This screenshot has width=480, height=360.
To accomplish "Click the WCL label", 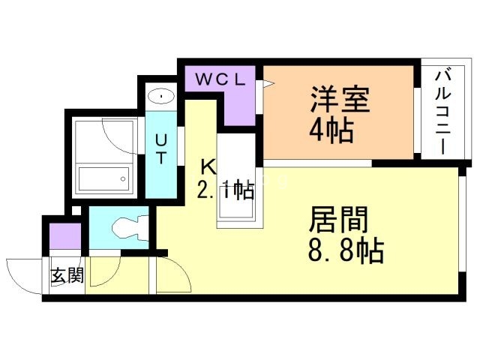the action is pos(220,79).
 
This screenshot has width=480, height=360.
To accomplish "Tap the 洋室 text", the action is pos(340,100).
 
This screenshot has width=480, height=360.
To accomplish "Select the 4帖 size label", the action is pos(331,130).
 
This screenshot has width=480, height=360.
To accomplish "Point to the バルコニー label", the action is pos(443,112).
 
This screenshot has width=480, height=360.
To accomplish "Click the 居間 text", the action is pos(338,220).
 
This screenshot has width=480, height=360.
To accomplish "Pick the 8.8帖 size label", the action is pos(346,250).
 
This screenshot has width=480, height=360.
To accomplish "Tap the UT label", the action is pos(161,150).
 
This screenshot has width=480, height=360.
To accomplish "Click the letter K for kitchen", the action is pos(208,167).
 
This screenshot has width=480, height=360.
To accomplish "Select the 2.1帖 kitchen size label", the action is pos(226,190).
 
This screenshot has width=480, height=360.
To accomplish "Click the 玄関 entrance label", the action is pos(67,275).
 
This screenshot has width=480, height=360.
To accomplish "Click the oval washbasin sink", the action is pos(161,97).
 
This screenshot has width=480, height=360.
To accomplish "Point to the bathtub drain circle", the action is pos(123,178).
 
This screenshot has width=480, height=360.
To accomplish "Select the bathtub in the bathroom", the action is pos(103,178).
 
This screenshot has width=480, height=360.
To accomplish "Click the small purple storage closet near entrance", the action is pos(65,236).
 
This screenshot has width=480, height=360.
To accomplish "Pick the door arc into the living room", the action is pos(181,269).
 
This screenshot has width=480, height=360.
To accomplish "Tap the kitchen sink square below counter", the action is pos(235,207).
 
